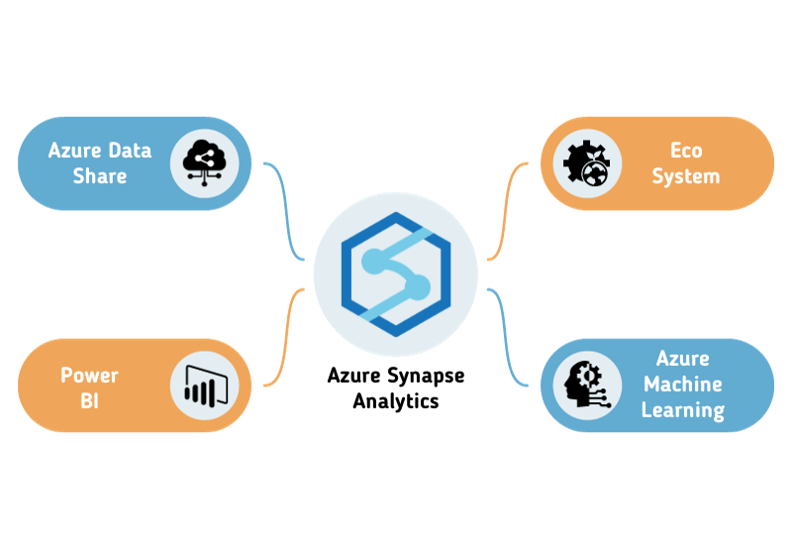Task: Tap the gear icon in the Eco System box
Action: click(x=586, y=164)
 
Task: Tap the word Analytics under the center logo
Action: click(x=396, y=401)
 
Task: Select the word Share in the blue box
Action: click(x=100, y=176)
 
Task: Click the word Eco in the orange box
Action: click(x=686, y=152)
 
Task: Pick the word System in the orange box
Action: click(x=686, y=176)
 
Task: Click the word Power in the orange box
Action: click(x=90, y=375)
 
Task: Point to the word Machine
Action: click(x=683, y=384)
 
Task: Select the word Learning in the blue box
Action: click(x=683, y=408)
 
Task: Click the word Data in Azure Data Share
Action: click(x=130, y=151)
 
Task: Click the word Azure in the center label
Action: click(x=354, y=378)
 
